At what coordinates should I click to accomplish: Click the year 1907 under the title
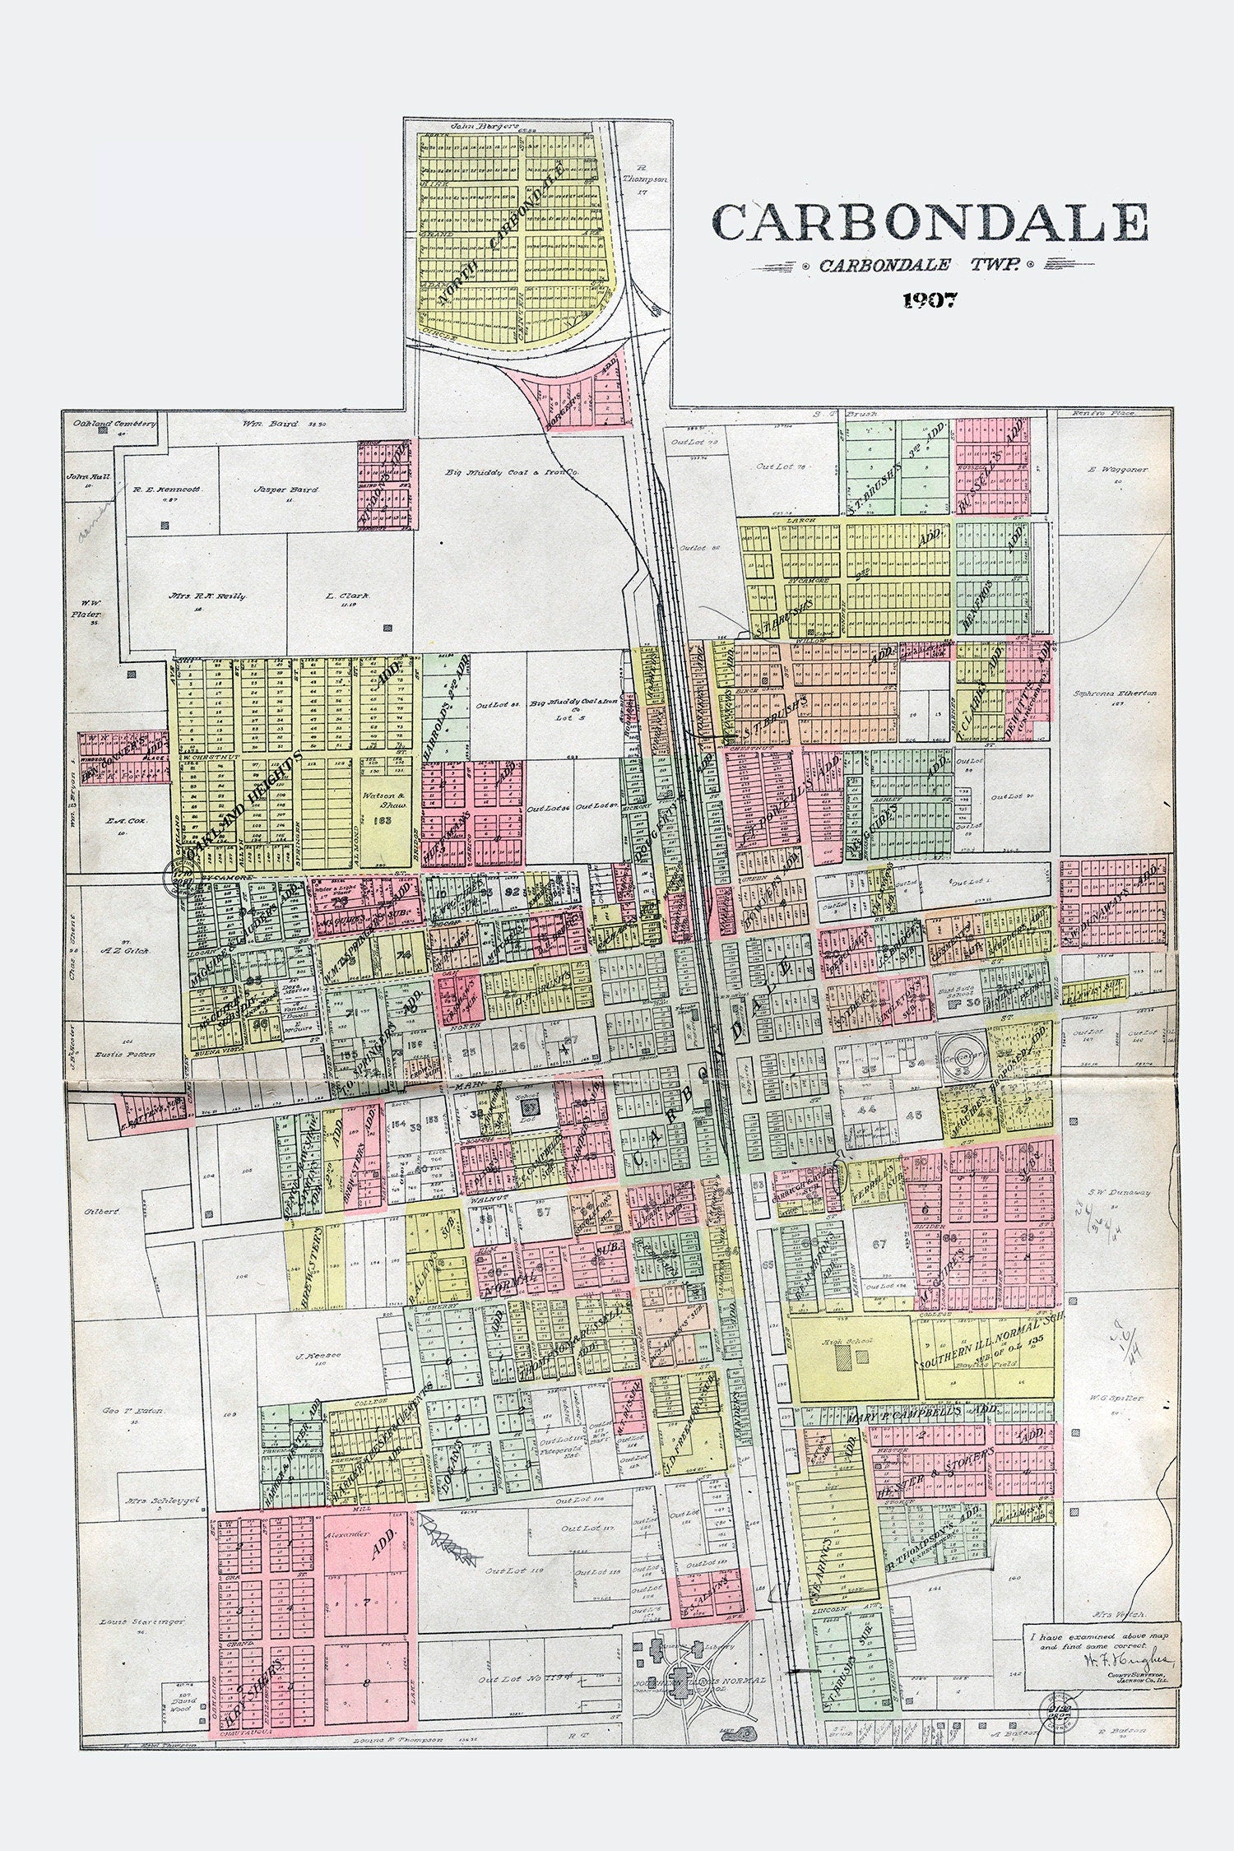930,300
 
